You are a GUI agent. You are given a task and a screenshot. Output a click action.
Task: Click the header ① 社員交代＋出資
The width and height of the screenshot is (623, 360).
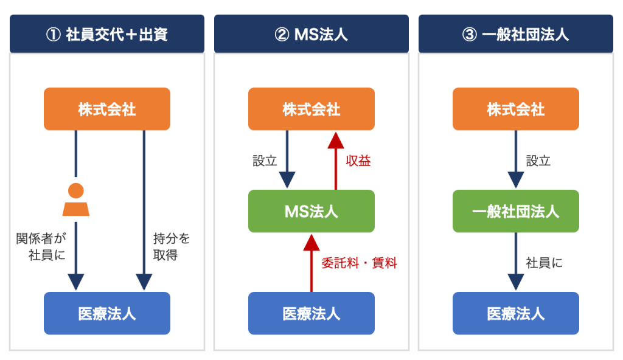107,34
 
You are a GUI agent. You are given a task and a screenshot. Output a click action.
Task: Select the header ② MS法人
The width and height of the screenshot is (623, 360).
311,34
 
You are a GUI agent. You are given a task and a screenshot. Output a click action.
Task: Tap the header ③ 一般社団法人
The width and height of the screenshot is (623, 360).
516,34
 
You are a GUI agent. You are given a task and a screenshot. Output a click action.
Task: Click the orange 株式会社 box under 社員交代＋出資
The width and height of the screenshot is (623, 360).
107,109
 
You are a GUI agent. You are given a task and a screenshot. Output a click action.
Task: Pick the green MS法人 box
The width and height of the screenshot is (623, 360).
311,211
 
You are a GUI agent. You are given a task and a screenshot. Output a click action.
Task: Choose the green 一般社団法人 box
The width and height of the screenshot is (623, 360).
516,211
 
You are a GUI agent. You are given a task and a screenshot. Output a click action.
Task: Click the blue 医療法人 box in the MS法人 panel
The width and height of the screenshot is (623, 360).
311,313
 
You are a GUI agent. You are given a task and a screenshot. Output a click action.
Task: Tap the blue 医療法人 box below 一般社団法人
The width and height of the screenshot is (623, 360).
516,313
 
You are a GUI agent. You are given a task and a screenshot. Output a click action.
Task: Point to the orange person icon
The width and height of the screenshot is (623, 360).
76,199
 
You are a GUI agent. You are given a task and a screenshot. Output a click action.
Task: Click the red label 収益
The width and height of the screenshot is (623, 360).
358,161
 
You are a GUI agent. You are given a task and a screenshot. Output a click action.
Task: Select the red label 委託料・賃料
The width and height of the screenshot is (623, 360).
359,263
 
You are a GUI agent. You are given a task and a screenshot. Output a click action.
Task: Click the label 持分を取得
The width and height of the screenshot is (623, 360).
171,246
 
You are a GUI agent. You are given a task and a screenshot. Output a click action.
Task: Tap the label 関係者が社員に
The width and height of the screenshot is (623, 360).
41,246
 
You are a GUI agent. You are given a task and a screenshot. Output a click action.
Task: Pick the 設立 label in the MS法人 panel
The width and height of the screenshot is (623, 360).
265,161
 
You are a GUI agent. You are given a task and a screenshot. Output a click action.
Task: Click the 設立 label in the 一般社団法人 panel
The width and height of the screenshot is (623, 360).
538,161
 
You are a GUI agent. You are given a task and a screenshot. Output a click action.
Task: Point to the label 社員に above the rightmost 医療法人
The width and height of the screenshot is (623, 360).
544,263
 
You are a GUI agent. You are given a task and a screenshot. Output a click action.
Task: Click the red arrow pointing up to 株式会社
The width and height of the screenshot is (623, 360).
336,161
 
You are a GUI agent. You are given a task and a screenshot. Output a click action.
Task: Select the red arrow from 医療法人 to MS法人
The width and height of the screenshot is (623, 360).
311,263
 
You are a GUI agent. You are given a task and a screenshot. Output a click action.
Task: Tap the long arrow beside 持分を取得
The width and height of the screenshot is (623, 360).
144,210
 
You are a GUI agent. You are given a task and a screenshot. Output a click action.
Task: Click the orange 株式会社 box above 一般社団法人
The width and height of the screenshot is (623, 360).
516,109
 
